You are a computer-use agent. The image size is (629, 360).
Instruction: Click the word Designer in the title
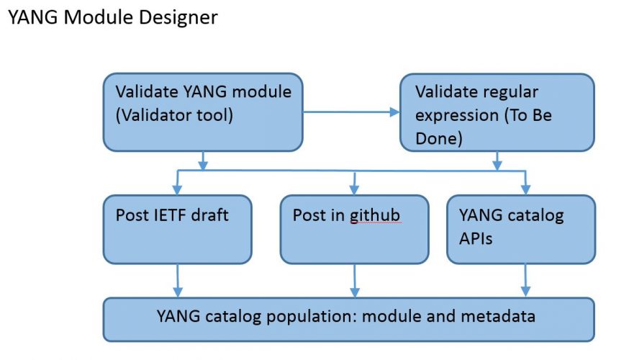point(178,17)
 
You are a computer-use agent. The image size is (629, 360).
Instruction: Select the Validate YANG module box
point(203,112)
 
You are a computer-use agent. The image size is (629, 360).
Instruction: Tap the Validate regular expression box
point(497,112)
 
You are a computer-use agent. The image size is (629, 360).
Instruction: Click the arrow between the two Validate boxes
point(351,112)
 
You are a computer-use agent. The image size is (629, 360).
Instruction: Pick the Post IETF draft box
point(177,230)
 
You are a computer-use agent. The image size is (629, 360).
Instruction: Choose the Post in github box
point(354,230)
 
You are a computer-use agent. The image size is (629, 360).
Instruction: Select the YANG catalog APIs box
point(521,230)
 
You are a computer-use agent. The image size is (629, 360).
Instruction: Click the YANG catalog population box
point(348,320)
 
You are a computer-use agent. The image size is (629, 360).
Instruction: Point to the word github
point(375,216)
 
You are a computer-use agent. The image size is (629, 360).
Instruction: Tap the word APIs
point(476,238)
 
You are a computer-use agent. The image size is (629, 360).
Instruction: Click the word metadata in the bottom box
point(498,316)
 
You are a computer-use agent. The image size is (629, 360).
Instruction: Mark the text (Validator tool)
point(174,115)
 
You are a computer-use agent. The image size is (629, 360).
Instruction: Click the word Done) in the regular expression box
point(439,138)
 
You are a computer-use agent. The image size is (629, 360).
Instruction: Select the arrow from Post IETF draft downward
point(178,281)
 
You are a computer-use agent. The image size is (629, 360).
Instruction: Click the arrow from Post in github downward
point(355,281)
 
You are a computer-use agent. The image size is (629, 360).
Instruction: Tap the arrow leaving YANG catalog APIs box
point(525,281)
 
